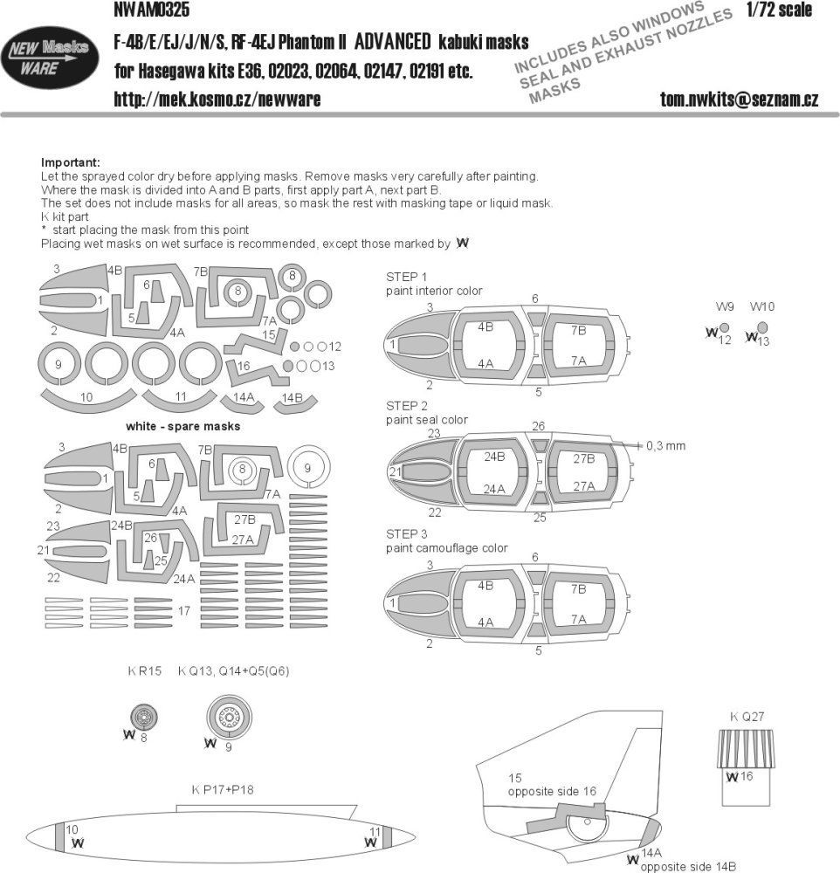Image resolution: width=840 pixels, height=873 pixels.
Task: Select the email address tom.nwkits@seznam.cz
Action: point(739,100)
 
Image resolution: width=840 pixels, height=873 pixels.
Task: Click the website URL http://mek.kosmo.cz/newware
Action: point(217,100)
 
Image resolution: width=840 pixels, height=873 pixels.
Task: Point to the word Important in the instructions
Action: point(71,163)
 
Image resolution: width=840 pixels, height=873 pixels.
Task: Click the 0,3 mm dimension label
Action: point(666,445)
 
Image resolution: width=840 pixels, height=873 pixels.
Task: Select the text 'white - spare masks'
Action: point(182,427)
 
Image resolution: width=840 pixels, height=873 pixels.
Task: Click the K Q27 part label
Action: point(746,718)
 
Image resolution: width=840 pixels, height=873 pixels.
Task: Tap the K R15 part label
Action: point(142,671)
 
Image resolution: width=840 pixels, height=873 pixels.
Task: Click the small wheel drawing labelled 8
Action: point(145,718)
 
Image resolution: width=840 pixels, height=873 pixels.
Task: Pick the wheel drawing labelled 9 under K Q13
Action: point(229,718)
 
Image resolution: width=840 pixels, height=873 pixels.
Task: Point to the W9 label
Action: point(725,306)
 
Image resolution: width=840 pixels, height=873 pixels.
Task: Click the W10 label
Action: point(762,306)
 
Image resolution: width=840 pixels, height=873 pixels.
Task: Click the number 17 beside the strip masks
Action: point(183,611)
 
